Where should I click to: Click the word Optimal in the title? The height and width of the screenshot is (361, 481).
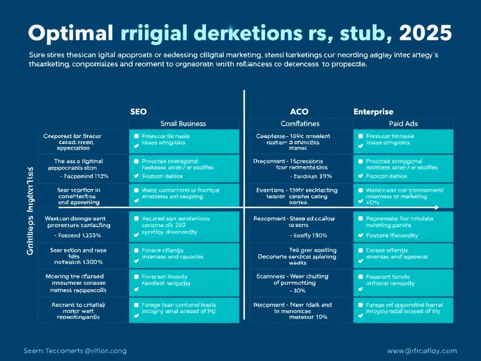(71, 33)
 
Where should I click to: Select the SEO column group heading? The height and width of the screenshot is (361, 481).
(138, 112)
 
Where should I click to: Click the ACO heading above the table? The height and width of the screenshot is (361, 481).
(299, 112)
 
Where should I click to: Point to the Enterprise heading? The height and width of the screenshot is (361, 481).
(373, 112)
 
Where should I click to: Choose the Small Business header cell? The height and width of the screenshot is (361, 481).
(183, 124)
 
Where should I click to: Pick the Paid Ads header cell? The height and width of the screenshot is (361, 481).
(403, 124)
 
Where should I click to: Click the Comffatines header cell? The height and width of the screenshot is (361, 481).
(300, 124)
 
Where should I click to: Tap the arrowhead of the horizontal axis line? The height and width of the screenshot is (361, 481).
(437, 207)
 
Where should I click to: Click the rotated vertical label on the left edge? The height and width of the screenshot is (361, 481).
(30, 211)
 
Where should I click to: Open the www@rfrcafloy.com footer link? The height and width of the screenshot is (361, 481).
(422, 351)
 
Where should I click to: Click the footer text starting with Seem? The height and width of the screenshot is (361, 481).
(75, 351)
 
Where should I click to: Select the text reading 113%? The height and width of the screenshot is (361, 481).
(100, 176)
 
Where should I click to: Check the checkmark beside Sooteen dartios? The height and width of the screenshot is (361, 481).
(136, 176)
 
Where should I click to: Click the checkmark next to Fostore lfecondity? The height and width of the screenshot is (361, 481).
(360, 235)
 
